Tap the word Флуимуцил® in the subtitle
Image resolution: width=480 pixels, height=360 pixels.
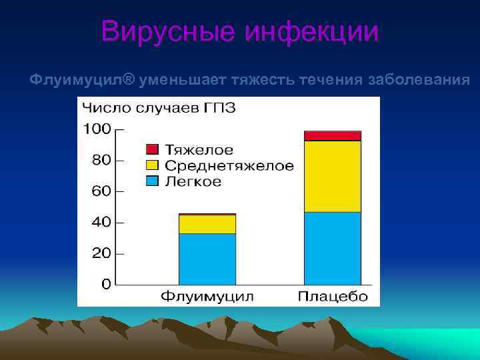(82, 80)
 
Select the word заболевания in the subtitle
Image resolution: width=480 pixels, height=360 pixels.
(420, 80)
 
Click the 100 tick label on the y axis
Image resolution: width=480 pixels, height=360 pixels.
(97, 129)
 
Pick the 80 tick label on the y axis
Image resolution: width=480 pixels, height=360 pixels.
(101, 161)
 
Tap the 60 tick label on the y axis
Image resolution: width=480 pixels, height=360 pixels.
(101, 192)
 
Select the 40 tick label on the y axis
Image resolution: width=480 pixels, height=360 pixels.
(101, 223)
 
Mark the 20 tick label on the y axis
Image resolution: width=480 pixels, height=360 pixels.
(101, 254)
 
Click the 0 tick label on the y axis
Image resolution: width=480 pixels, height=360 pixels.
(105, 285)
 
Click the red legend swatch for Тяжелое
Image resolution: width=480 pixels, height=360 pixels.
(152, 150)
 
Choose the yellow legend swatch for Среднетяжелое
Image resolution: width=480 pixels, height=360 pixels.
(152, 165)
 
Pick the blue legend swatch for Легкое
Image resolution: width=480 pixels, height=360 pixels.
(152, 181)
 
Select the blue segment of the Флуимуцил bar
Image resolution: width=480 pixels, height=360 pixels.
(207, 259)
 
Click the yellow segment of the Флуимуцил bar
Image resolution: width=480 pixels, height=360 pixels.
(207, 224)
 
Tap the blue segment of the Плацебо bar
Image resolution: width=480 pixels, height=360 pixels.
(332, 248)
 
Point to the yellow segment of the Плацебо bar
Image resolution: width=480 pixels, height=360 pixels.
(332, 176)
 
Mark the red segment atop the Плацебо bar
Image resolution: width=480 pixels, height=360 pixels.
(332, 136)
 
